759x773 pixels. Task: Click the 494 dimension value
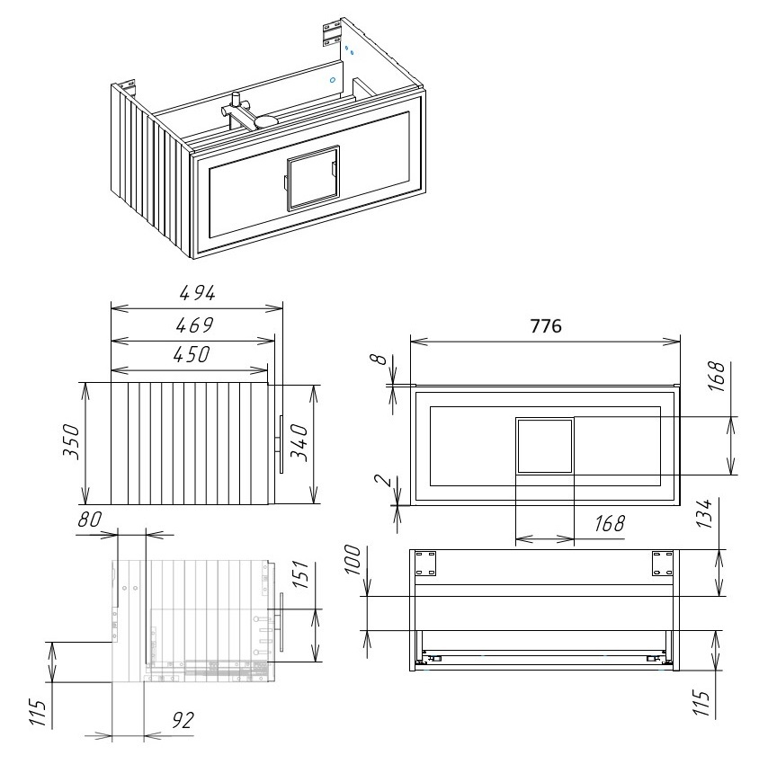click(x=197, y=293)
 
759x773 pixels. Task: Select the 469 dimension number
click(x=194, y=324)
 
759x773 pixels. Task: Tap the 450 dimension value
click(x=192, y=354)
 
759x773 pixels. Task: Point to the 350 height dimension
click(x=71, y=441)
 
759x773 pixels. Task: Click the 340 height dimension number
click(x=299, y=443)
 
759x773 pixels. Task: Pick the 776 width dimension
click(x=546, y=326)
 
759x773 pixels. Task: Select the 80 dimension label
click(x=89, y=520)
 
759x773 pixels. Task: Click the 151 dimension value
click(x=301, y=574)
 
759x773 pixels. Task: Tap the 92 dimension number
click(x=183, y=720)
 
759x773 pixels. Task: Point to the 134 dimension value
click(x=705, y=514)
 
